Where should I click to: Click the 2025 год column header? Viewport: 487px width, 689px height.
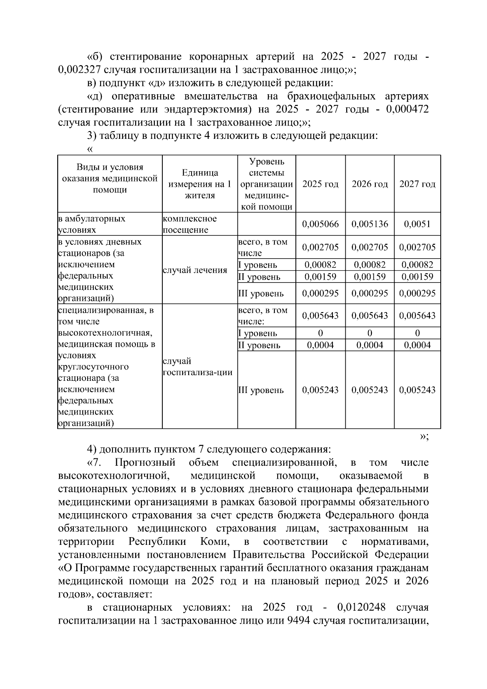(320, 184)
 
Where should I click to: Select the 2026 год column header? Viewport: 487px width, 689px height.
(370, 184)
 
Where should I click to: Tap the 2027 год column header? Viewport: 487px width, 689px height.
(417, 184)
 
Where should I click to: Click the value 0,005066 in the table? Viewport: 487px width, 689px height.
(320, 224)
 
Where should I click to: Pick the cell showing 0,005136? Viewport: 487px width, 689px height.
(370, 224)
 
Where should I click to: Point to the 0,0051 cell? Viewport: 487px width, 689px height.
(417, 224)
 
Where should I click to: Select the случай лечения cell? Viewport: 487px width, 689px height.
(195, 270)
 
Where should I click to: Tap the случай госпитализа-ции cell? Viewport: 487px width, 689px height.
(197, 367)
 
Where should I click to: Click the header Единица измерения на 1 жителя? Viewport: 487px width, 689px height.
(199, 184)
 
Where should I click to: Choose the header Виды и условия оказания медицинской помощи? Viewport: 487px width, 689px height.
(110, 178)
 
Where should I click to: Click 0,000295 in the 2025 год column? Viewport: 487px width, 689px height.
(320, 293)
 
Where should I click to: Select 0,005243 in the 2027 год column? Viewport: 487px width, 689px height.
(417, 390)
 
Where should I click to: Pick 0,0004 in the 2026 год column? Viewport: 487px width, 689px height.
(370, 345)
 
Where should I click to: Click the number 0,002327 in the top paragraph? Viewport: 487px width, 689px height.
(79, 69)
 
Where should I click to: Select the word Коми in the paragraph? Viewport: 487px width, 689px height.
(215, 542)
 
